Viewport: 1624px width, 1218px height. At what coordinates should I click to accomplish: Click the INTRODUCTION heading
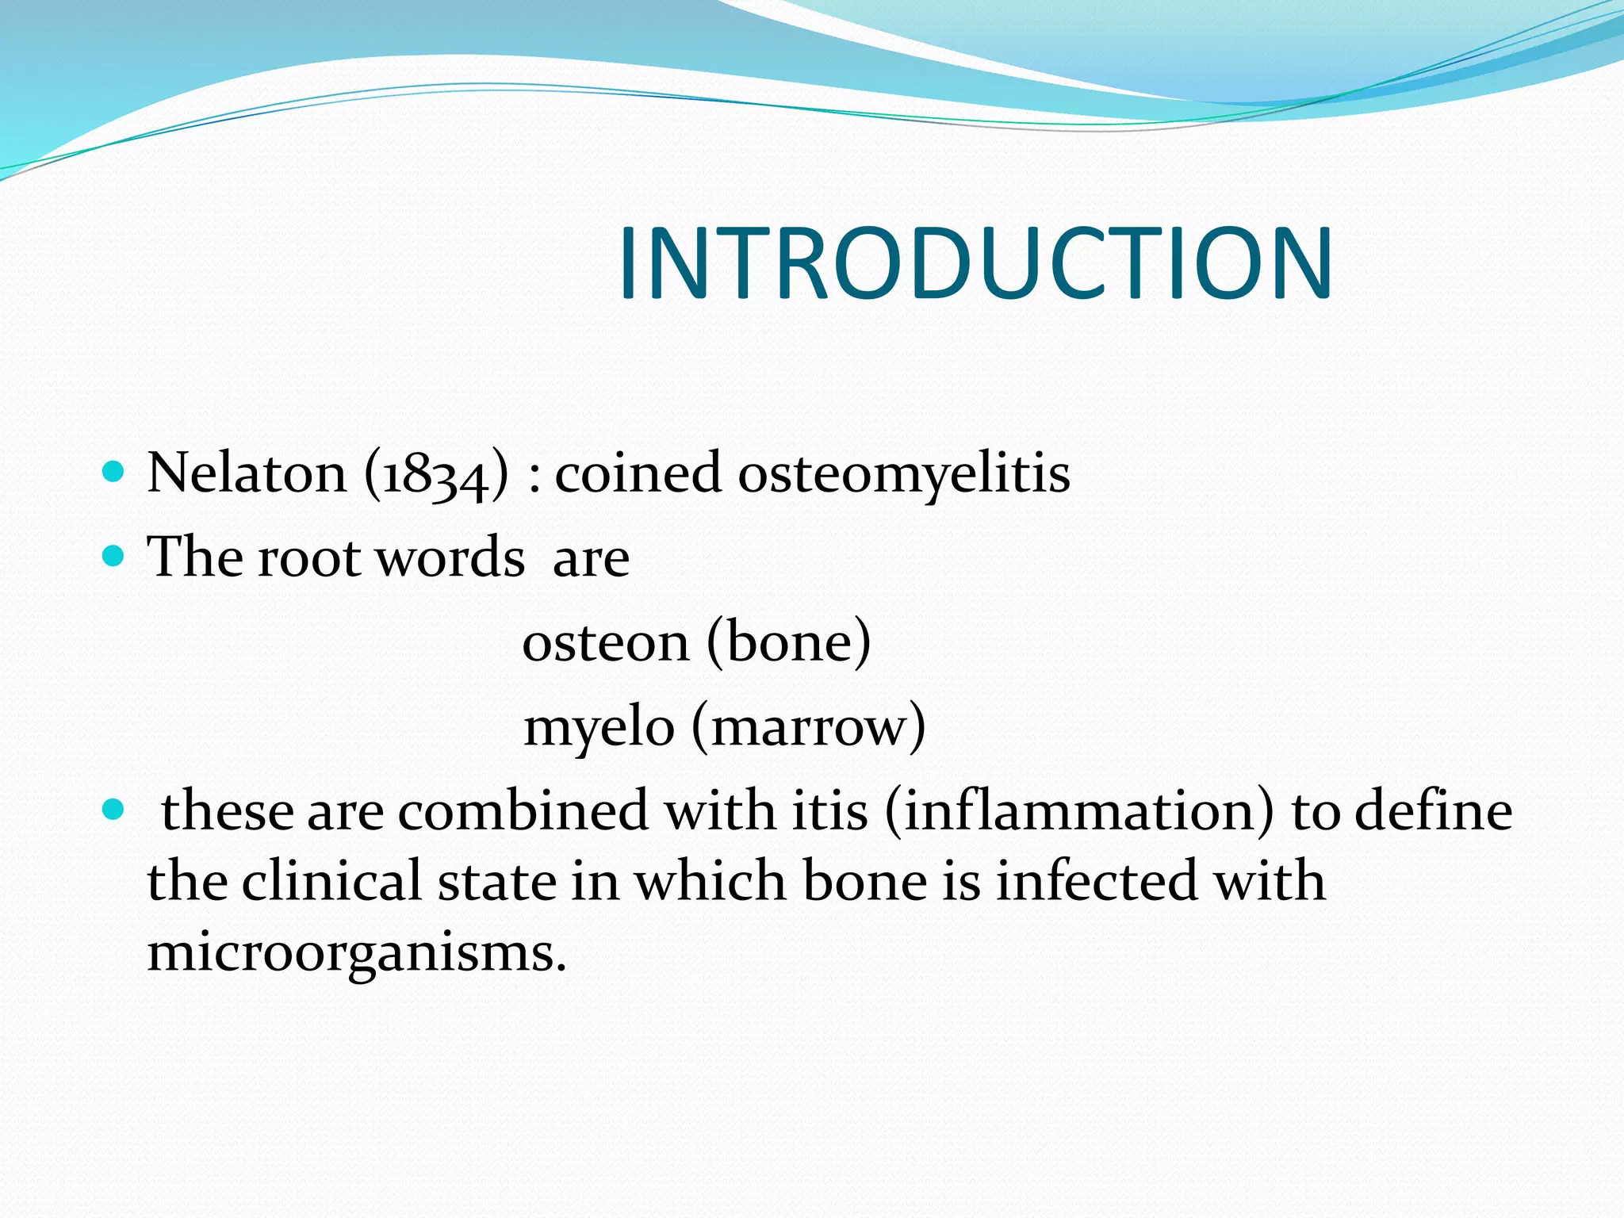click(975, 263)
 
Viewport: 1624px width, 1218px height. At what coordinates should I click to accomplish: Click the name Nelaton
click(247, 473)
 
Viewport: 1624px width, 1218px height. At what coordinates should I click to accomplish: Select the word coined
click(638, 473)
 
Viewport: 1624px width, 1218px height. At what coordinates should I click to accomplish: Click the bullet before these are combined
click(114, 810)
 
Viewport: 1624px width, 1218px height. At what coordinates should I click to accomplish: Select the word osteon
click(605, 642)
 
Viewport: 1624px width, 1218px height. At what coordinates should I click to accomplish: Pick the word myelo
click(599, 728)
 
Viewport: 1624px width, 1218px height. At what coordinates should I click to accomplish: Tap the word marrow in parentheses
click(808, 728)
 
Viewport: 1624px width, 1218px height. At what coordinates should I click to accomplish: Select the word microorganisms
click(357, 952)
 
